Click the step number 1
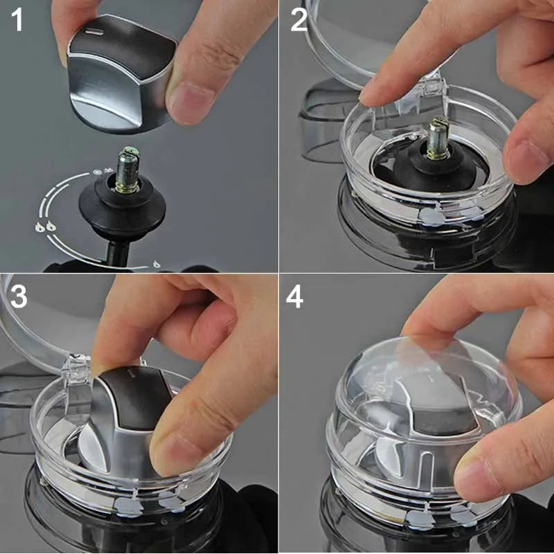[17, 20]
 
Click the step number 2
[298, 20]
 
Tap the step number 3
[18, 296]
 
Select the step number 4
[296, 297]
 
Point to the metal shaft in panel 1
[128, 170]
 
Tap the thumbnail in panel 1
[187, 102]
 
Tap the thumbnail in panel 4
[478, 478]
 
